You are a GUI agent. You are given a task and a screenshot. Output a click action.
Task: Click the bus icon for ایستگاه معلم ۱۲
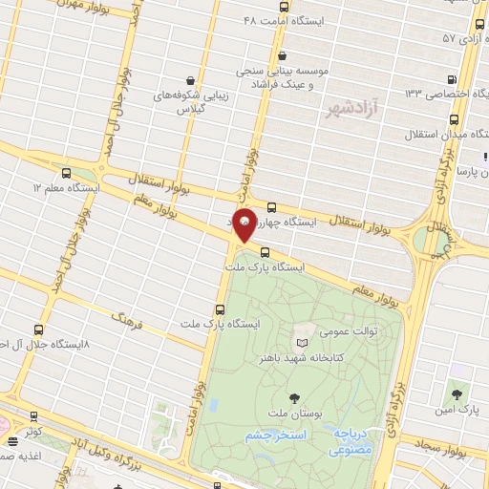[x=66, y=173]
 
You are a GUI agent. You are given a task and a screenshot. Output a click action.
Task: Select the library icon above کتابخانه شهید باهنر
[x=303, y=341]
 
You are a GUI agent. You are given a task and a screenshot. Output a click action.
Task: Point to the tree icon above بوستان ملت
[x=292, y=397]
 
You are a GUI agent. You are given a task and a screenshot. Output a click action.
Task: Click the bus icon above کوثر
[x=34, y=416]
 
